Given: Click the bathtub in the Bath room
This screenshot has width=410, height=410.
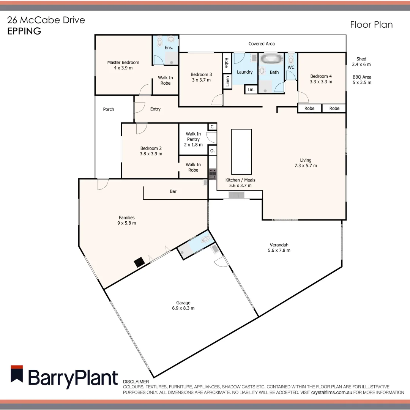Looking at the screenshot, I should click(x=271, y=59).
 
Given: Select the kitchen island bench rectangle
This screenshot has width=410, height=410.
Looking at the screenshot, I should click(x=241, y=151).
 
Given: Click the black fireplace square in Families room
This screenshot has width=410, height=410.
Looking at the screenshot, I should click(x=139, y=263).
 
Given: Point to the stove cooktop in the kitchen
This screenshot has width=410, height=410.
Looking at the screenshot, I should click(x=213, y=174).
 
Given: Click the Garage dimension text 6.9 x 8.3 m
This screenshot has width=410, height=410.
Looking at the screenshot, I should click(x=183, y=308).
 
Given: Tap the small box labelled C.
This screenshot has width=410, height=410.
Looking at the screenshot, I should click(x=212, y=127).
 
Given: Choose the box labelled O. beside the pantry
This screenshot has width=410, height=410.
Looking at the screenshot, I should click(x=212, y=151).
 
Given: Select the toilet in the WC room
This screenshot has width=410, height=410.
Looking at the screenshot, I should click(x=291, y=60).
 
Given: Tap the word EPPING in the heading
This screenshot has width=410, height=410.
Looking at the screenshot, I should click(x=24, y=31).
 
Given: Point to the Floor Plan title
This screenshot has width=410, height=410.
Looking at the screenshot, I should click(x=371, y=25).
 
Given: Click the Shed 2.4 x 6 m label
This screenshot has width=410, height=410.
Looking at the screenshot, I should click(x=361, y=61).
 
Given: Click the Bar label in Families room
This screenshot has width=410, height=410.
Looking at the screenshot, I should click(x=173, y=192).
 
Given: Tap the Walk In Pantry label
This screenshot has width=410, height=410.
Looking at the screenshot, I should click(x=193, y=139).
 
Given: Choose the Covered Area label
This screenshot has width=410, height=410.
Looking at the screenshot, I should click(x=262, y=44).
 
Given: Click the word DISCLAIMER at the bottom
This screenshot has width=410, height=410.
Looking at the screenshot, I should click(x=136, y=382).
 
